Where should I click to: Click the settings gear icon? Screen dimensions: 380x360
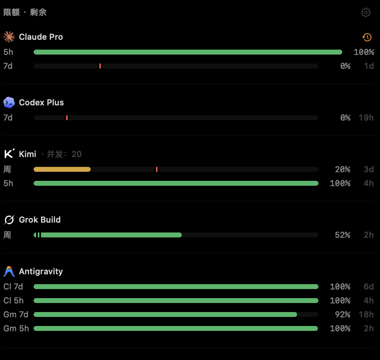click(x=366, y=12)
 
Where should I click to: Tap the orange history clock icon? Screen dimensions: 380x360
click(x=367, y=37)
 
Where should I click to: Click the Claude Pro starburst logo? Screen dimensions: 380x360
click(x=9, y=37)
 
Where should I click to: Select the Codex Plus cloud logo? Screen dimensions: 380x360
click(x=9, y=103)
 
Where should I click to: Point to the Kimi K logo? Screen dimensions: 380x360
click(x=9, y=153)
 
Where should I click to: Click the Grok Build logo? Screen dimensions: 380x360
click(x=9, y=220)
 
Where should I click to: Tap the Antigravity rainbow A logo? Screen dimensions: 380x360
click(x=9, y=271)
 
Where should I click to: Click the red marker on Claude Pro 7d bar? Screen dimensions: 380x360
click(x=100, y=66)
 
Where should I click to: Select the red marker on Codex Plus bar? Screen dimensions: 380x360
click(x=67, y=118)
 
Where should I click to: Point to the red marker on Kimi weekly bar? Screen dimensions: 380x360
click(x=157, y=169)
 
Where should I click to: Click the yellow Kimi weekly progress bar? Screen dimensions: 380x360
click(x=62, y=169)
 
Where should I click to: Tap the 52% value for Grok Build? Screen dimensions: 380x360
click(x=342, y=235)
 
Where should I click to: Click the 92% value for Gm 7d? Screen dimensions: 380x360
click(x=342, y=314)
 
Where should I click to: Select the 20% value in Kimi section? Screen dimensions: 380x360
click(x=342, y=169)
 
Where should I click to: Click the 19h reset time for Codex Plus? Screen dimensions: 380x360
click(x=366, y=118)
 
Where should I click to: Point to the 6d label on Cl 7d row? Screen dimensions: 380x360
click(x=369, y=287)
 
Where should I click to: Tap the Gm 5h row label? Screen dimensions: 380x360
click(x=16, y=328)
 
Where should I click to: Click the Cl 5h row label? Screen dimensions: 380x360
click(x=13, y=301)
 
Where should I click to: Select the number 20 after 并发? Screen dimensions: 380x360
click(x=76, y=154)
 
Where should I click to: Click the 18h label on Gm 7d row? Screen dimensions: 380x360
click(x=366, y=314)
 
